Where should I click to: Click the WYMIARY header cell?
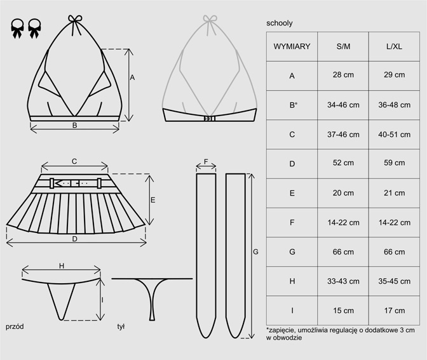tap(292, 46)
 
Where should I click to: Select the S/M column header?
tap(343, 46)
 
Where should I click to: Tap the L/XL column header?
tap(394, 46)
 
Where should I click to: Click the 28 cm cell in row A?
tap(343, 75)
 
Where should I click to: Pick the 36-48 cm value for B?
tap(394, 105)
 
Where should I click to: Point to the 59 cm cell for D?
tap(394, 163)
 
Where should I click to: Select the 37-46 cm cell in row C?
tap(343, 135)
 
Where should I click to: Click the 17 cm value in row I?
tap(394, 310)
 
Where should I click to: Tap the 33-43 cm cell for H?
tap(343, 281)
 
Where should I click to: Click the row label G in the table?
tap(292, 252)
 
